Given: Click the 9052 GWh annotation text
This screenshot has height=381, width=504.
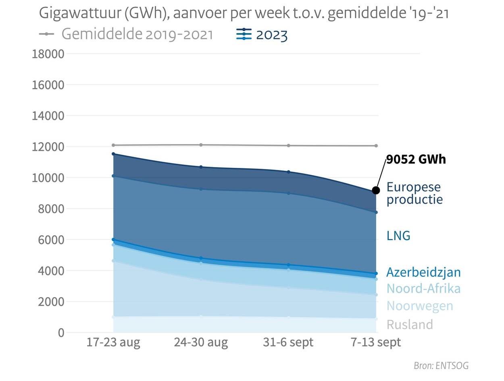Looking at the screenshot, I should click(x=416, y=159).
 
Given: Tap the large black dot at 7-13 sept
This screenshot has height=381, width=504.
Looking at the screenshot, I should click(x=376, y=190).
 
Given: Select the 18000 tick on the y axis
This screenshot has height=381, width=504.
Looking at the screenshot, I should click(x=48, y=54).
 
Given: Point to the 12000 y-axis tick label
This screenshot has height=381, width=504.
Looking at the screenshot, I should click(x=48, y=147).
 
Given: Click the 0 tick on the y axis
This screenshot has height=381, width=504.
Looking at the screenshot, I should click(x=61, y=333).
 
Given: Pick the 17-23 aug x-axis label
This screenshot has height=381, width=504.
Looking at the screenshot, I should click(x=113, y=343).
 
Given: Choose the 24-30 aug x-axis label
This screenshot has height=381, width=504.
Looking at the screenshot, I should click(x=201, y=343).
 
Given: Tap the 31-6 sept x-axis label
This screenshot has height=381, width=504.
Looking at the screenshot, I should click(x=288, y=343).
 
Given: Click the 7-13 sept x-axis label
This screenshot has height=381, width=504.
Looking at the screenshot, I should click(x=376, y=343).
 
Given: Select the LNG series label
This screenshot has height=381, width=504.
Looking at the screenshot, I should click(x=398, y=236).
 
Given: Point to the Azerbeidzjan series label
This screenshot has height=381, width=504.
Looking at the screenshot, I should click(x=423, y=272).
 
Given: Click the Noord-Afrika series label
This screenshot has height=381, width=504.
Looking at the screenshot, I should click(x=423, y=289).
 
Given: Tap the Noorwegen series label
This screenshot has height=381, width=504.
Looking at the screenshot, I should click(x=419, y=306).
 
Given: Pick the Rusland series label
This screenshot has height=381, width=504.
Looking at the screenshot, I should click(x=409, y=324).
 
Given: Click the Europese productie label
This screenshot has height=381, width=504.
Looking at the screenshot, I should click(x=414, y=193).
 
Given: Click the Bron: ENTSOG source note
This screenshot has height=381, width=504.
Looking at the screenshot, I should click(x=441, y=366).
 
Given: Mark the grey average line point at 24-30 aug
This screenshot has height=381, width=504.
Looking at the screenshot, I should click(x=201, y=145).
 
